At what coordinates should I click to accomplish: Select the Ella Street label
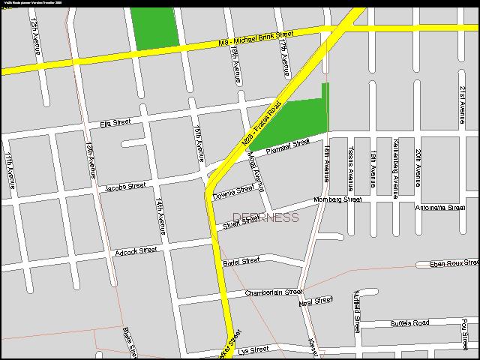coord(115,122)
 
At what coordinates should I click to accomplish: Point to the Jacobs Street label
coord(125,186)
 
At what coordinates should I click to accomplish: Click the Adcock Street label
coord(136,250)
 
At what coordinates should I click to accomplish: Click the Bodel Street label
coord(241,261)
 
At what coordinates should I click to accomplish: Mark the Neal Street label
coord(315,301)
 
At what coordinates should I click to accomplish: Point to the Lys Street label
coord(252,350)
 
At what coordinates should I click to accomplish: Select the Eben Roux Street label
coord(452,263)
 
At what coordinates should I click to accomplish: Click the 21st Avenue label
coord(462,103)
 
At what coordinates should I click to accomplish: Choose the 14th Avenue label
coord(160,216)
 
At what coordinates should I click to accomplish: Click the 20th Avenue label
coord(418,166)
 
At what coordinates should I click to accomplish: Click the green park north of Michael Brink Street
coord(156,28)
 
